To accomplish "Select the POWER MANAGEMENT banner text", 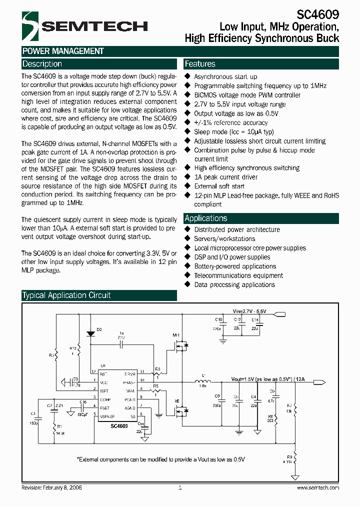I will point(63,51).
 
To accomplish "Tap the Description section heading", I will point(42,64).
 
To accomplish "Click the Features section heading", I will point(200,64).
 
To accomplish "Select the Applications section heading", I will point(206,218).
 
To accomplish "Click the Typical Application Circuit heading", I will point(66,295).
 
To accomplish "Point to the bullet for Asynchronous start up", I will point(188,76).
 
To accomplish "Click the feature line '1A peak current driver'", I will point(225,177).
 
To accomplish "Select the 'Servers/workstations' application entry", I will point(224,239).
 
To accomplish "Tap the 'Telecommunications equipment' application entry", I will point(238,275).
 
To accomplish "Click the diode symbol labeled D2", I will point(90,333).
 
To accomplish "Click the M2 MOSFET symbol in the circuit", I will point(180,410).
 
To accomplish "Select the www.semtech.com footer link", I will point(318,487).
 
